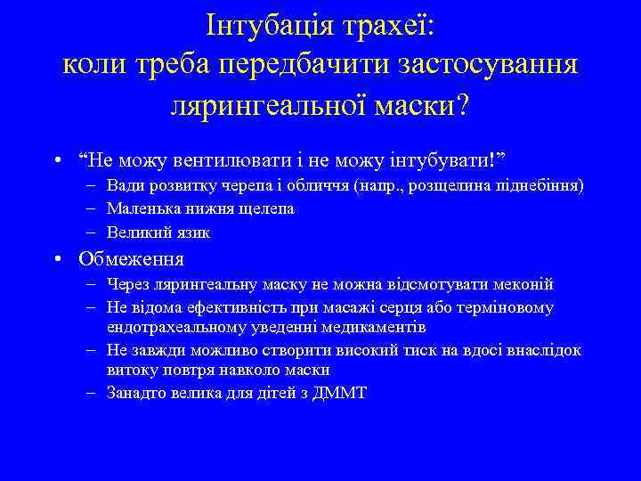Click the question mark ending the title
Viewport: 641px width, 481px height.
[460, 106]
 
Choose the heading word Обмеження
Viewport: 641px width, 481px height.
[131, 259]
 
